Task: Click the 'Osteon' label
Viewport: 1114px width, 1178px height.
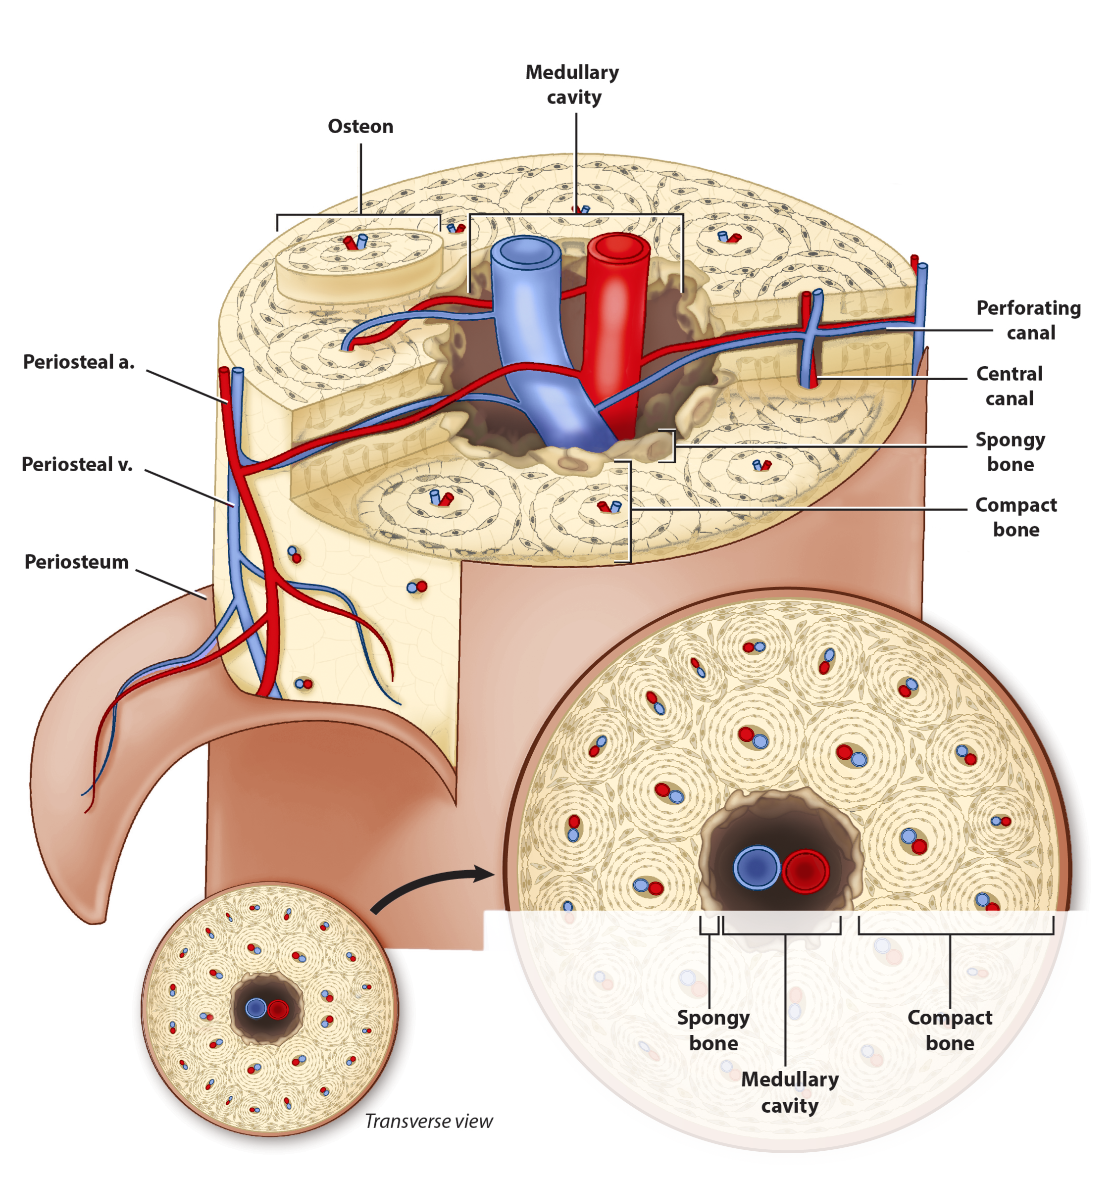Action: coord(360,127)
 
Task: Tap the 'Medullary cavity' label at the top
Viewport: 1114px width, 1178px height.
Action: coord(572,84)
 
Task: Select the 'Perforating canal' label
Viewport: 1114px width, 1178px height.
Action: coord(1028,320)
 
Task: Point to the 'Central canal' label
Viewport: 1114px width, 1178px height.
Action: coord(1009,386)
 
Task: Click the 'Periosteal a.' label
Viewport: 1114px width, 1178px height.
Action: coord(79,362)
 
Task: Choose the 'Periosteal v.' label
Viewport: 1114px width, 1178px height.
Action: coord(77,464)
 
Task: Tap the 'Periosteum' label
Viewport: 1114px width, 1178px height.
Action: coord(77,562)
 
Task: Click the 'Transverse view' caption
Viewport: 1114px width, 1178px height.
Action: coord(428,1121)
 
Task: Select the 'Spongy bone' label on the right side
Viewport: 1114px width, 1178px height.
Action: coord(1010,452)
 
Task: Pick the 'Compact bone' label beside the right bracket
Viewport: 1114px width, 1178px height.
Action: coord(1015,517)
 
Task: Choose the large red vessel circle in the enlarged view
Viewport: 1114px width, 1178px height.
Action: coord(805,871)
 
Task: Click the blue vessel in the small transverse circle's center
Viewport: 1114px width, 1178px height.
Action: coord(256,1008)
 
